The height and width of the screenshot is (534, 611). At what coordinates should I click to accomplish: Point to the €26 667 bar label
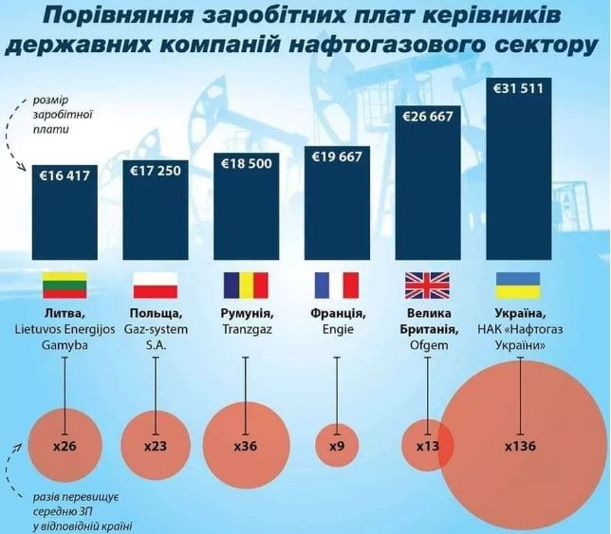pos(428,118)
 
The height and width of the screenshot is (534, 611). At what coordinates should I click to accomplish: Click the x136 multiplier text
pos(521,446)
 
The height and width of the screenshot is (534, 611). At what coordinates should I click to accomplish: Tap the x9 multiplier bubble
pos(337,446)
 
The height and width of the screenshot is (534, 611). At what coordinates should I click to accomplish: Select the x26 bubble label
pos(65,446)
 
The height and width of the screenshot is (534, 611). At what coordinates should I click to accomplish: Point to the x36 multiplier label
pos(246,446)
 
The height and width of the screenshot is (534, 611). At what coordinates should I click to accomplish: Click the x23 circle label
pos(156,446)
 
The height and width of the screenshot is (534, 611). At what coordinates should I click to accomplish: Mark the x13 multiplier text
pos(427,446)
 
